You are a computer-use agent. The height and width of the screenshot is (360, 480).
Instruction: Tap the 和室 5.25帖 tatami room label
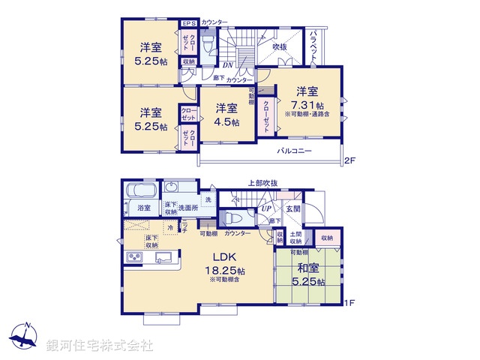tap(308, 274)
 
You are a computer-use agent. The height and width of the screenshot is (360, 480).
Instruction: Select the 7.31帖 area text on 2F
tap(308, 106)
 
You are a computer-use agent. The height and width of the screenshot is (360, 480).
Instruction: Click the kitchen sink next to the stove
tap(164, 259)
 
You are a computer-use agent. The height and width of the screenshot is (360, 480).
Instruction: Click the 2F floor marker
tap(349, 160)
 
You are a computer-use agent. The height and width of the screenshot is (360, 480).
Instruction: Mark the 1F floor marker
tap(349, 303)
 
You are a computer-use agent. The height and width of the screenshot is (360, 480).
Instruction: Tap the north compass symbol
tap(25, 337)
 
